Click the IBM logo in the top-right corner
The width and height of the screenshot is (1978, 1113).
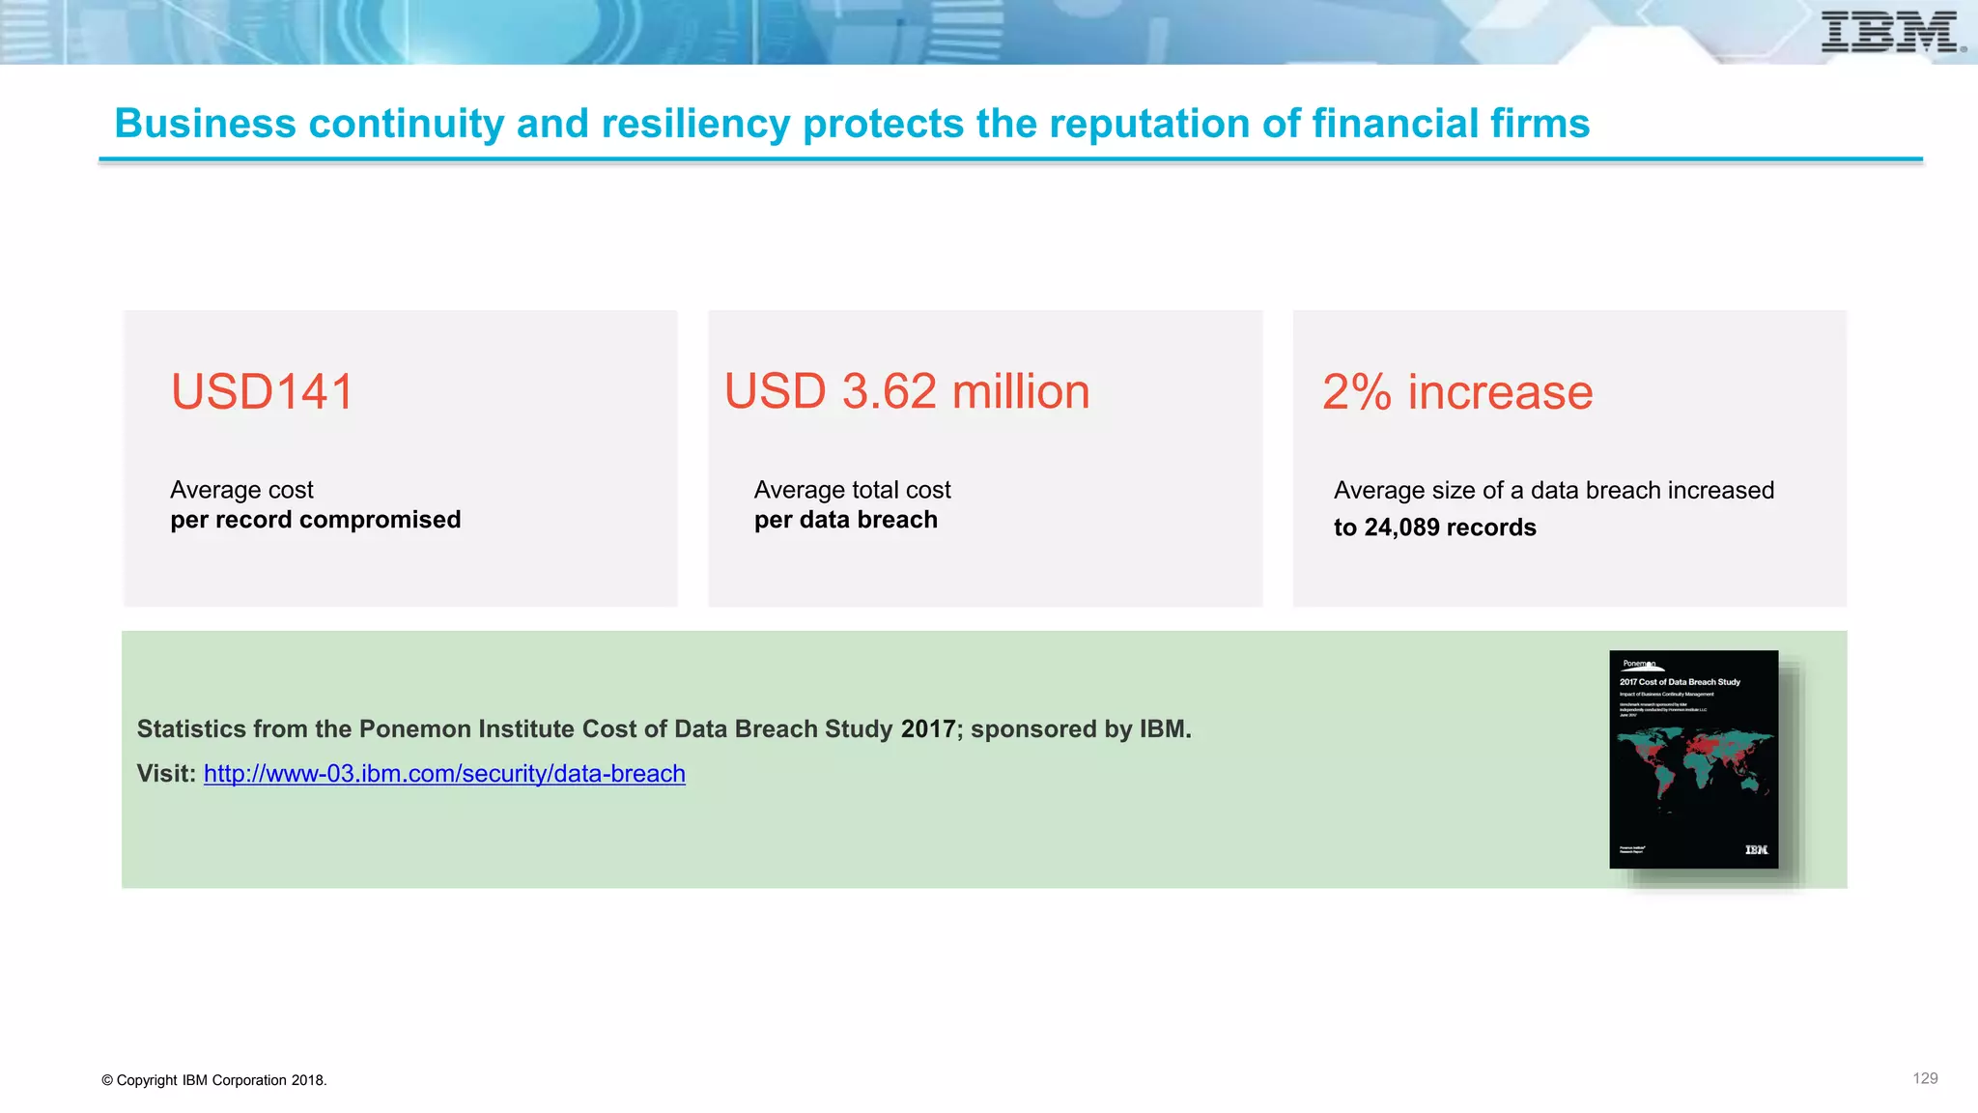[x=1889, y=32]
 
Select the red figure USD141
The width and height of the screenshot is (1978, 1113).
[x=263, y=392]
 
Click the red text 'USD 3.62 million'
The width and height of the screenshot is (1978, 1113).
[x=907, y=392]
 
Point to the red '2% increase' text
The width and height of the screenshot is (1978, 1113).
[x=1456, y=392]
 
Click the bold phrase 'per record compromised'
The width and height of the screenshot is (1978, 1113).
[x=315, y=520]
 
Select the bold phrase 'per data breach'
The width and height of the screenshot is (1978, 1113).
[x=845, y=520]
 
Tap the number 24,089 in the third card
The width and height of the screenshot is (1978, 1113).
[x=1401, y=528]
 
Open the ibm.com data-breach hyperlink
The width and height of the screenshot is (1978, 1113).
[x=444, y=774]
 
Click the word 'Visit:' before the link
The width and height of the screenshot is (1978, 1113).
[x=166, y=774]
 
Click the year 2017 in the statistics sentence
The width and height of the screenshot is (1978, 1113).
[x=927, y=729]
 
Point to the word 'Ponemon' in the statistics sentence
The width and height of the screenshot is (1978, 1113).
[x=407, y=729]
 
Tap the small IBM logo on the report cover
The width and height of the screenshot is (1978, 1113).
[x=1756, y=850]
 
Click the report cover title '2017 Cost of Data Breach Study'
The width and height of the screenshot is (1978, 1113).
[x=1680, y=682]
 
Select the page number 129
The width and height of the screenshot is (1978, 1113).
[x=1924, y=1078]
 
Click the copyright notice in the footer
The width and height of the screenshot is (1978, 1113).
[x=213, y=1080]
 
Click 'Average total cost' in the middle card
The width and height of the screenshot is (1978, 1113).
[x=852, y=491]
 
